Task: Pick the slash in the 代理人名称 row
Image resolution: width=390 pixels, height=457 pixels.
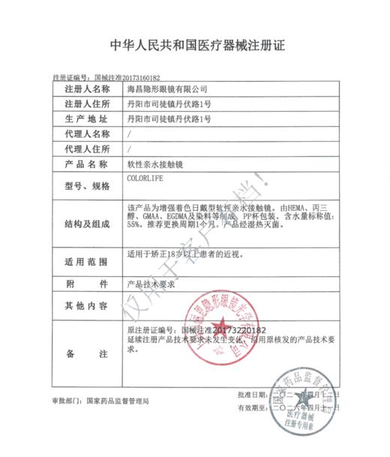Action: click(130, 134)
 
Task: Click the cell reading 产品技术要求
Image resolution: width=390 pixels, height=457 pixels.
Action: click(151, 286)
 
